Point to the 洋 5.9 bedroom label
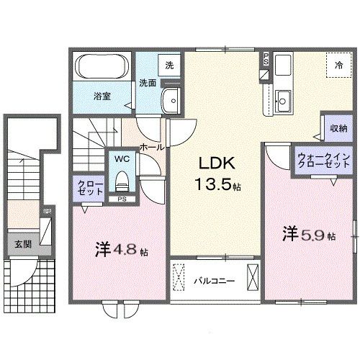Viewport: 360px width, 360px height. (308, 234)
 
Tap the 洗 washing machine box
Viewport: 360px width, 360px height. (169, 64)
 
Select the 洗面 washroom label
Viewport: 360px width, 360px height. (148, 82)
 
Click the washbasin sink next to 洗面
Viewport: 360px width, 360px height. (172, 101)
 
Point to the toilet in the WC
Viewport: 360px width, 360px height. (122, 177)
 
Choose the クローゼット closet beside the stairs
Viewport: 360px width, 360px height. (91, 189)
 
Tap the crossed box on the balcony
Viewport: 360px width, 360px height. (253, 277)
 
